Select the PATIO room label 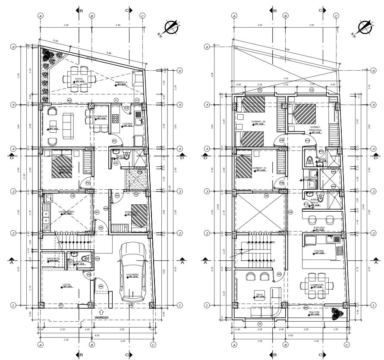79,79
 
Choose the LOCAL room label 66,285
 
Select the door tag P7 61,305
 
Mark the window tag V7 260,323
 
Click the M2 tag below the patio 69,100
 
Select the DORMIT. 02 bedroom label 258,122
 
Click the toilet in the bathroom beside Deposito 85,259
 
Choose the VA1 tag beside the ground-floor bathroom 98,259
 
